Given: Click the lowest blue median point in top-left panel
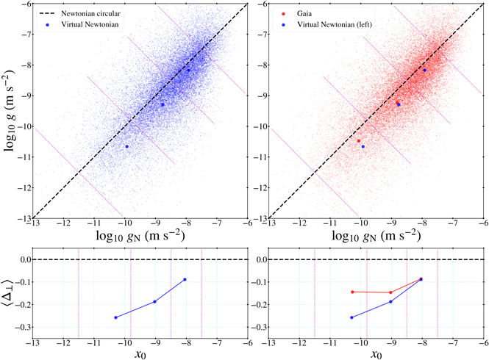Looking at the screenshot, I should (126, 146).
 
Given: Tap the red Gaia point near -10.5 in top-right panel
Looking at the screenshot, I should (359, 140).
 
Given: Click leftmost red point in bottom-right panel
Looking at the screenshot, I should (353, 292).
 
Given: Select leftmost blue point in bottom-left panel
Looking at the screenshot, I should (116, 317).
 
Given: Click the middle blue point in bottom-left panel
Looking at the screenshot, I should (154, 301).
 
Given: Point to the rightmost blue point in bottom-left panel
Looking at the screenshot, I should (185, 279).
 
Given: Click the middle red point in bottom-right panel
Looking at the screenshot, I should (390, 292).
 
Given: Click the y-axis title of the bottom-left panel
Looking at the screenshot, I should (9, 293).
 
